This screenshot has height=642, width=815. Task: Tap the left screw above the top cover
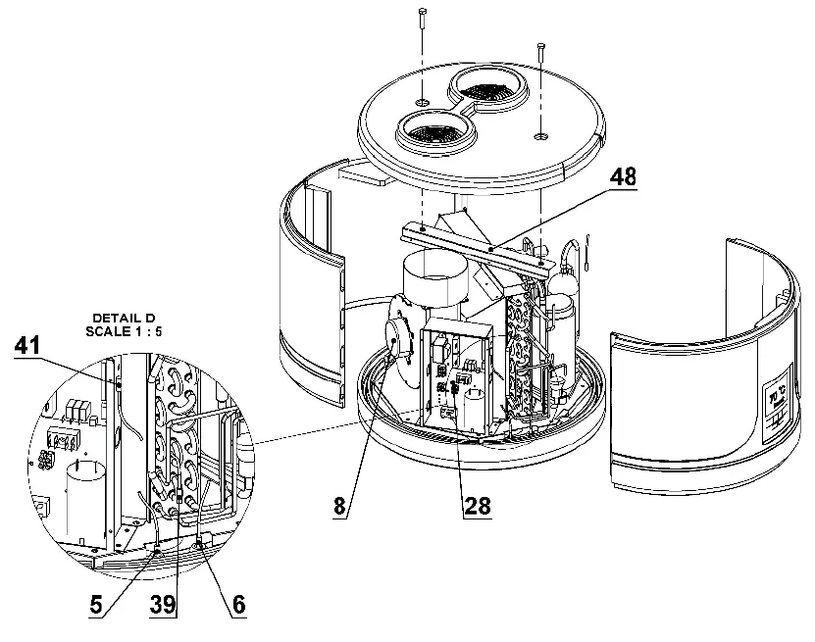tap(421, 18)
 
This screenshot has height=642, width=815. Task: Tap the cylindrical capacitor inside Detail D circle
tap(85, 495)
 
